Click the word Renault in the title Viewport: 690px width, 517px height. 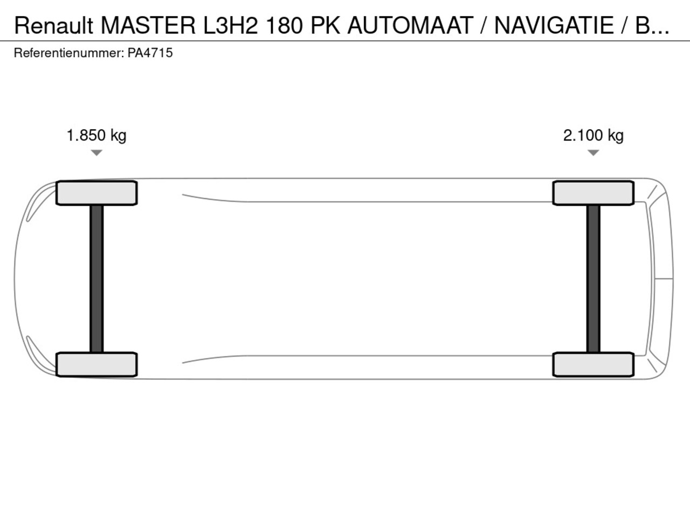(54, 25)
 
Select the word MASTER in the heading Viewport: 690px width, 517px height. (148, 25)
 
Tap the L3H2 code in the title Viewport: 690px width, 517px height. (230, 25)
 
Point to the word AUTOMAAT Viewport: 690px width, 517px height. (410, 25)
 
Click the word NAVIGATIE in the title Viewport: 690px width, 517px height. (554, 25)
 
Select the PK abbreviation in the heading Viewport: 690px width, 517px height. (326, 25)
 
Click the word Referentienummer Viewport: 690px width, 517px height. (70, 53)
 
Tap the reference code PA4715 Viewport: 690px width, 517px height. (150, 53)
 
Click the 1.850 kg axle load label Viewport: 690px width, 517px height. (96, 136)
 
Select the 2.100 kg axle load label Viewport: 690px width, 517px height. (593, 136)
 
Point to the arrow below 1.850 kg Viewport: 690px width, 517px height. (96, 153)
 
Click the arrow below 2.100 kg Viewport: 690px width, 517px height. (593, 153)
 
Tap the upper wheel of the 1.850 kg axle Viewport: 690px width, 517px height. (96, 193)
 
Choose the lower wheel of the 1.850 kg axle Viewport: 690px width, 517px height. (96, 365)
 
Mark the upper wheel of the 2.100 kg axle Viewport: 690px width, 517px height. (593, 193)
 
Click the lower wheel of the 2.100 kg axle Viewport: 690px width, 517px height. (593, 365)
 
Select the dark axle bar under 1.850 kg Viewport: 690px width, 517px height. (96, 279)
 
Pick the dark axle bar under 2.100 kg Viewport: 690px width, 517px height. (593, 279)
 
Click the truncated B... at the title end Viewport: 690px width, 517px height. (652, 25)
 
